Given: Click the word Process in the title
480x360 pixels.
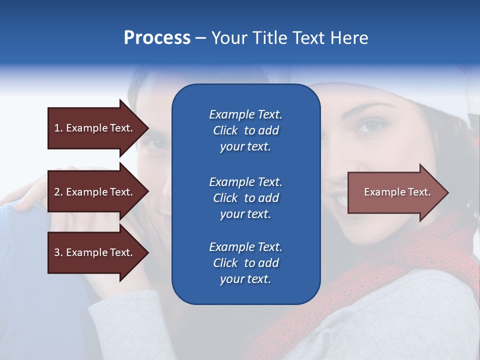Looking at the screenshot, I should tap(157, 38).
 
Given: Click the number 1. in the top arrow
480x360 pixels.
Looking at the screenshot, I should tap(58, 128).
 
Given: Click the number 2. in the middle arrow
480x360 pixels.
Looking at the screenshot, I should tap(58, 192).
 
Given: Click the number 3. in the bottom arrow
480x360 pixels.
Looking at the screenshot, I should tap(58, 252).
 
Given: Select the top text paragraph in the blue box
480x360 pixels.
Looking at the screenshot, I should tap(245, 130).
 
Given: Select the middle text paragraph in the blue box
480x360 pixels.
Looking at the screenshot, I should tap(245, 198).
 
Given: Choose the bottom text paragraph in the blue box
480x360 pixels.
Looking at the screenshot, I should tap(245, 263).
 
